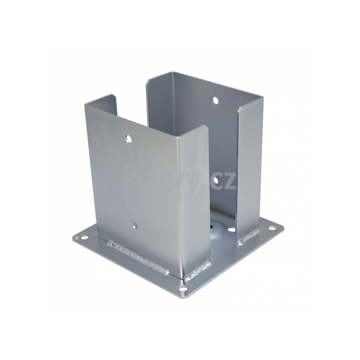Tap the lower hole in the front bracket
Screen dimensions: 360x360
(x=134, y=225)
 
